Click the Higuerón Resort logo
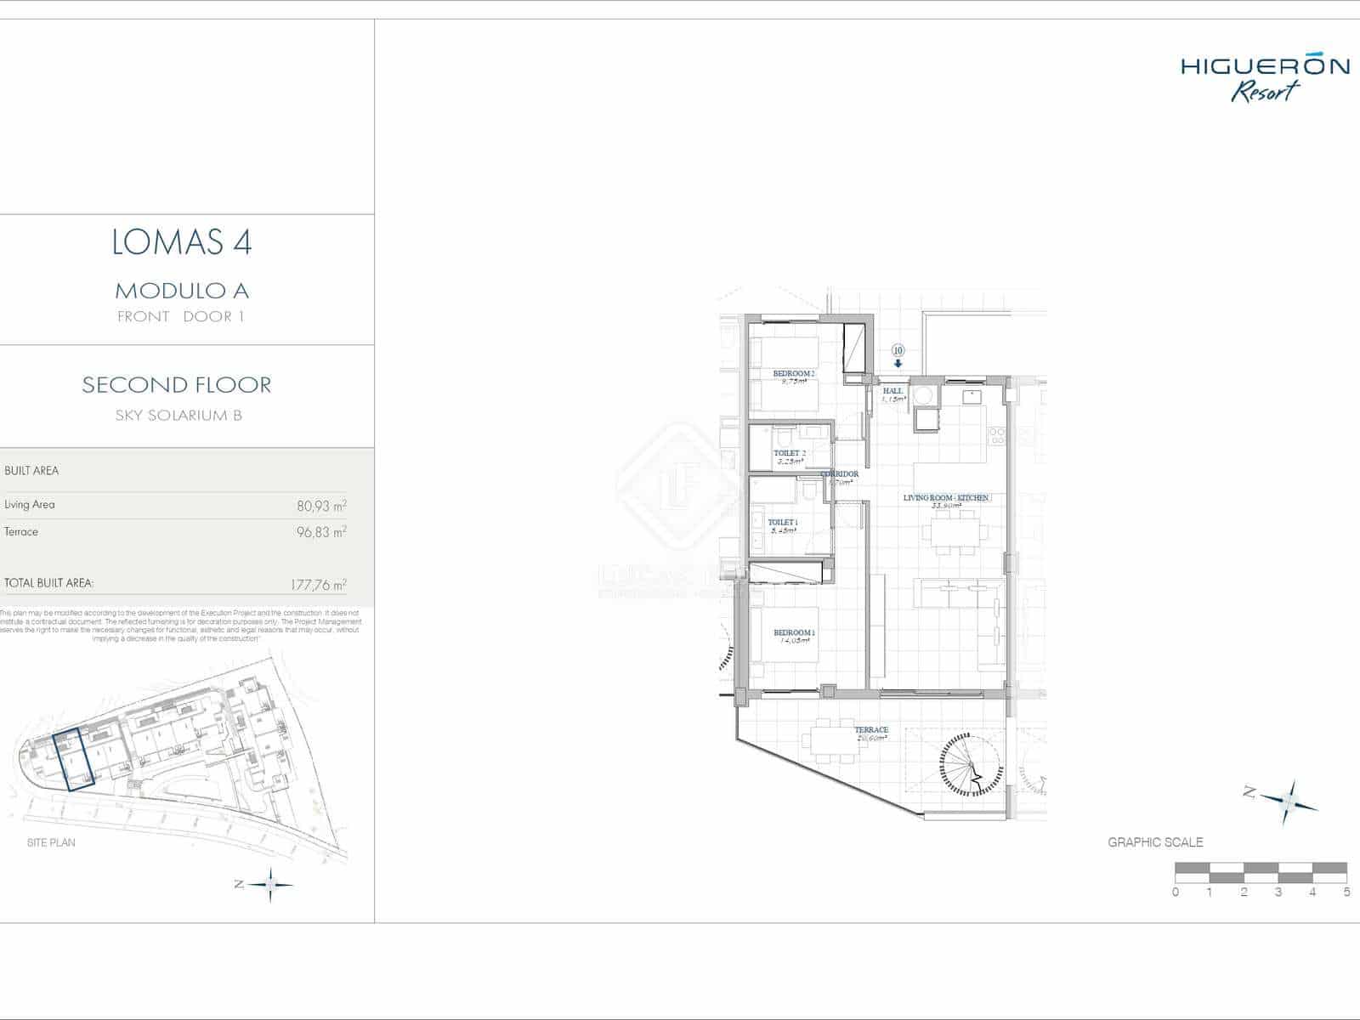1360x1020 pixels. coord(1265,78)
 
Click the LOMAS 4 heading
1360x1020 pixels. coord(182,243)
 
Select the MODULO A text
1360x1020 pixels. coord(182,291)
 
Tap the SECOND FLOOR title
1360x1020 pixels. coord(177,385)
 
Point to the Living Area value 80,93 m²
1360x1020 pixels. coord(321,506)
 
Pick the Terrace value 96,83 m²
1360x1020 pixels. coord(321,533)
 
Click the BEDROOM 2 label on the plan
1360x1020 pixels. coord(793,374)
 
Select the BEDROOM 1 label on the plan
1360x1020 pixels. coord(794,633)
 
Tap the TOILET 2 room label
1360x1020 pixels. coord(789,454)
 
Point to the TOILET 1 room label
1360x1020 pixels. coord(782,522)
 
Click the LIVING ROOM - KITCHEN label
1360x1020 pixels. coord(945,498)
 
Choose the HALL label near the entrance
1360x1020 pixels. coord(892,391)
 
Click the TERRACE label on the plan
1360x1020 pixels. coord(871,730)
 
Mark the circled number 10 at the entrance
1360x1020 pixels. coord(898,350)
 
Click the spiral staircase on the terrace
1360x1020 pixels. coord(972,763)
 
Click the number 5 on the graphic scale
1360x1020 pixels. coord(1346,892)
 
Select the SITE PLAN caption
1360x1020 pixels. coord(51,842)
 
